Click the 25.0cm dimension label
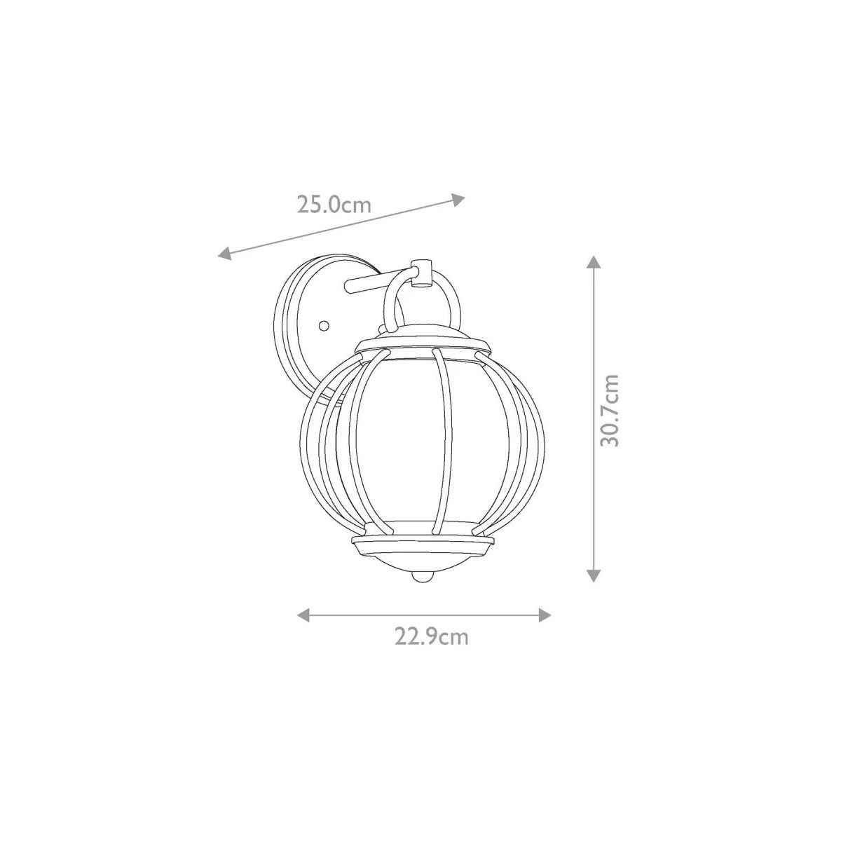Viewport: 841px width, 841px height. (x=334, y=204)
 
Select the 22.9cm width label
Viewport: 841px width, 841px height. (x=432, y=637)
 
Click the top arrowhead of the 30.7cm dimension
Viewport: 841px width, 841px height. (x=593, y=262)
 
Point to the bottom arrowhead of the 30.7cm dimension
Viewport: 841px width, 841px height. (x=593, y=575)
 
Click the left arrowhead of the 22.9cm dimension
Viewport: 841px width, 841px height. (x=303, y=615)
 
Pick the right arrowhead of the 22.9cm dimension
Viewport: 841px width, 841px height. (x=545, y=615)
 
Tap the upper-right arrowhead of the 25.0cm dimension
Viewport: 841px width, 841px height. (x=458, y=199)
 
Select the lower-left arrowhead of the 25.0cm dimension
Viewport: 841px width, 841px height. (x=225, y=254)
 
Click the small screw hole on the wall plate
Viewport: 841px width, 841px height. (x=323, y=326)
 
